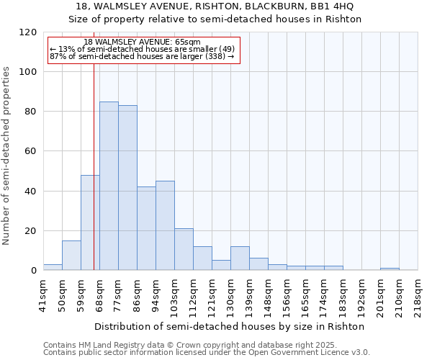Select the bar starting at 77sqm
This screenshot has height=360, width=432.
coord(127,188)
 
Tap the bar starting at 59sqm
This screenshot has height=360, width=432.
coord(90,222)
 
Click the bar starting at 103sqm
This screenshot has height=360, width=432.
coord(184,249)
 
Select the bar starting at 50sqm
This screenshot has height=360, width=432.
coord(71,255)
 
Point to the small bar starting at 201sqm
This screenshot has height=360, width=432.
coord(390,269)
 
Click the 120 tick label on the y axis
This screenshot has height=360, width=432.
coord(28,32)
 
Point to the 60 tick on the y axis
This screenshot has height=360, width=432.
coord(31,152)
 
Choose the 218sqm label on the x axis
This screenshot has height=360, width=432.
coord(418,294)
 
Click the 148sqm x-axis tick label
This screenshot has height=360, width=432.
coord(268,294)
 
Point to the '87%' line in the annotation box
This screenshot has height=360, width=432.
coord(142,56)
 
